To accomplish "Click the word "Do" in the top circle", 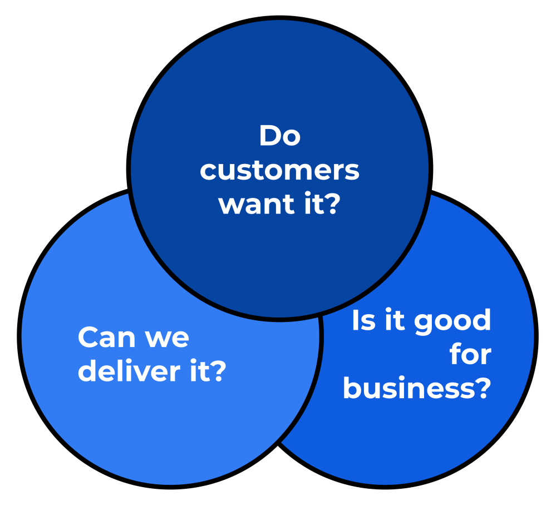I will (280, 136).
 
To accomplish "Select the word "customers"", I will (279, 170).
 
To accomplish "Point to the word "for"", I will (470, 355).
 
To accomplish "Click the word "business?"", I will (416, 388).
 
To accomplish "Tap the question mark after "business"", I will (482, 388).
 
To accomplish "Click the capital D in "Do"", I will (269, 136).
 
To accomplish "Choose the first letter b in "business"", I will (351, 388).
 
